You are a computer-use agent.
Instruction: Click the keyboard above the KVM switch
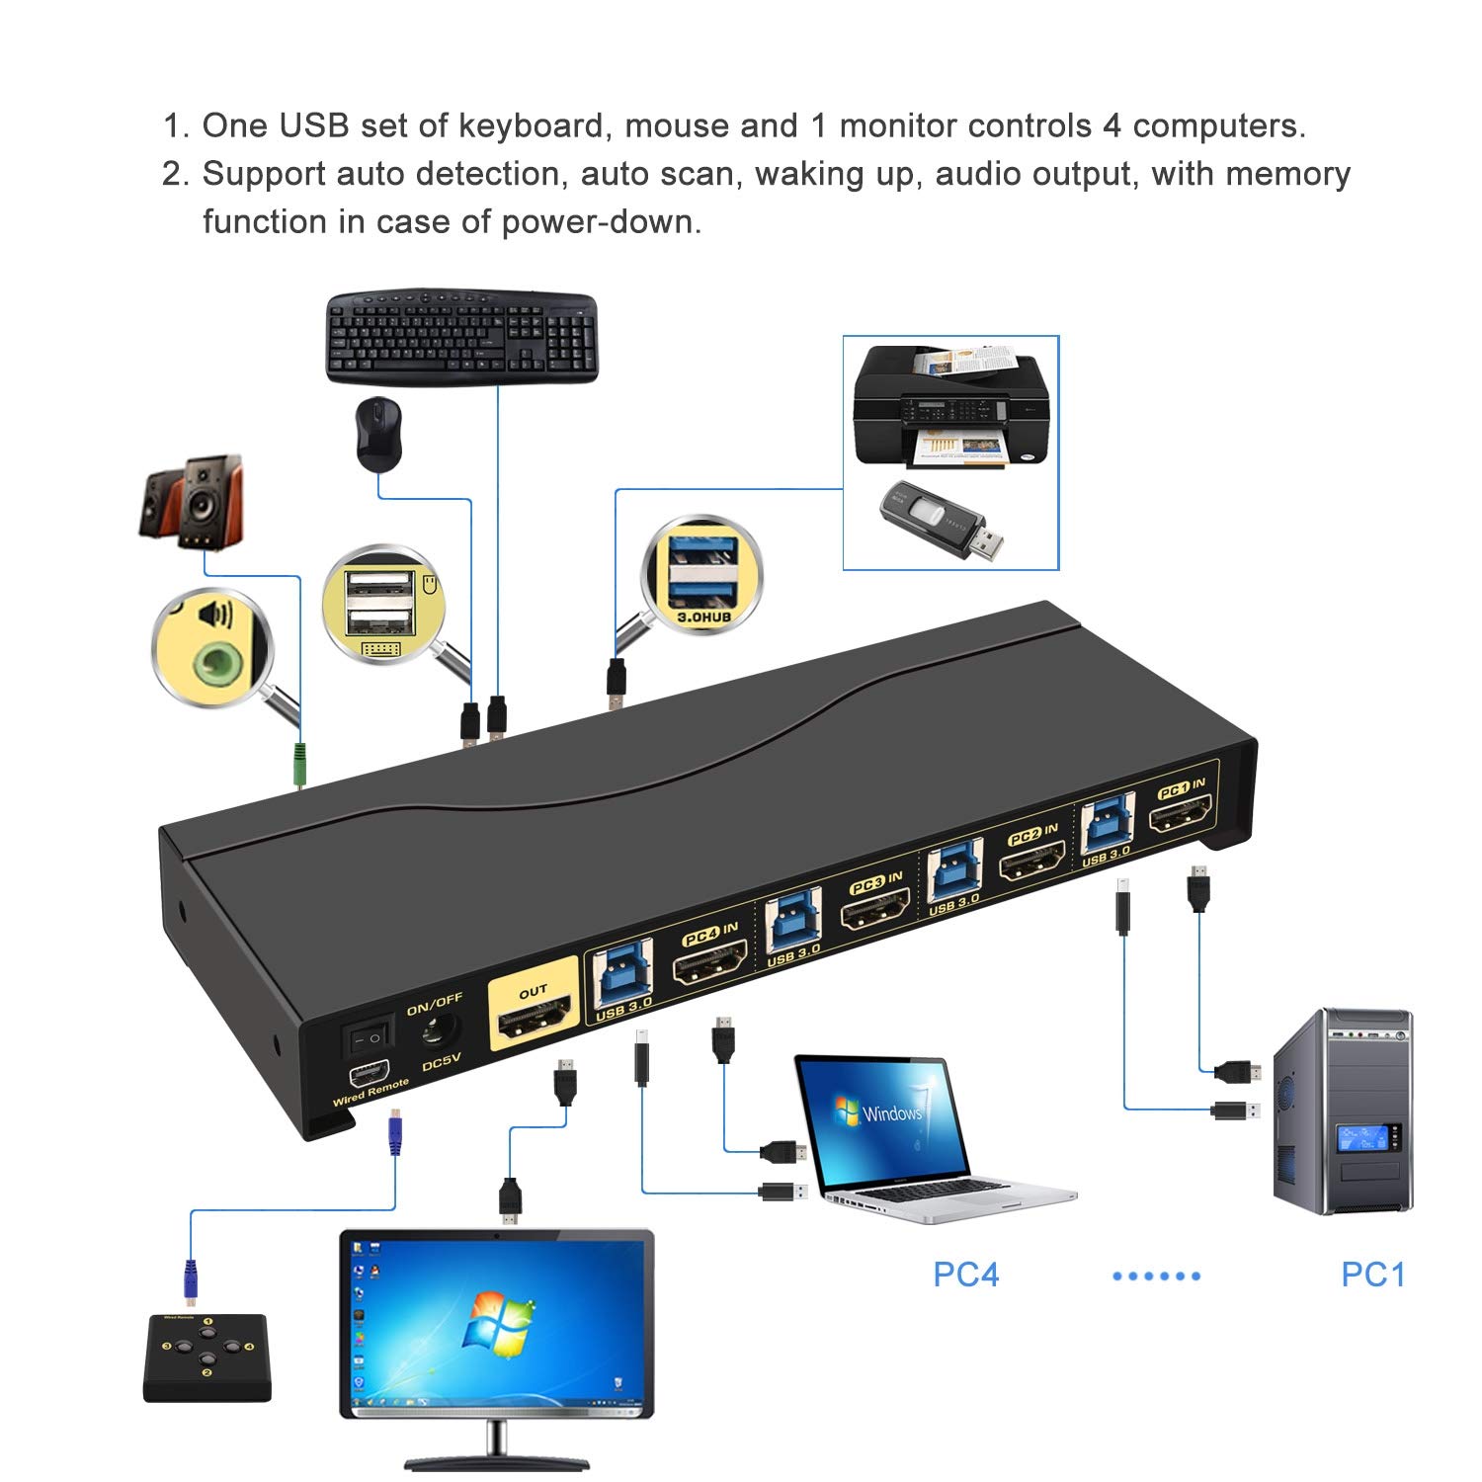point(462,336)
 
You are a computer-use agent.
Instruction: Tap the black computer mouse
point(378,435)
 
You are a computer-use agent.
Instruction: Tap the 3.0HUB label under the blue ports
point(703,617)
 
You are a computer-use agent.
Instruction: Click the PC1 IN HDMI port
point(1179,818)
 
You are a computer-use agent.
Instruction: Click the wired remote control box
point(206,1358)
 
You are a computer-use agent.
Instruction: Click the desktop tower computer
point(1342,1111)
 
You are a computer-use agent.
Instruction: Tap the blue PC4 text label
point(965,1275)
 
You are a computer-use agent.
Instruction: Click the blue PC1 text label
point(1372,1275)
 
